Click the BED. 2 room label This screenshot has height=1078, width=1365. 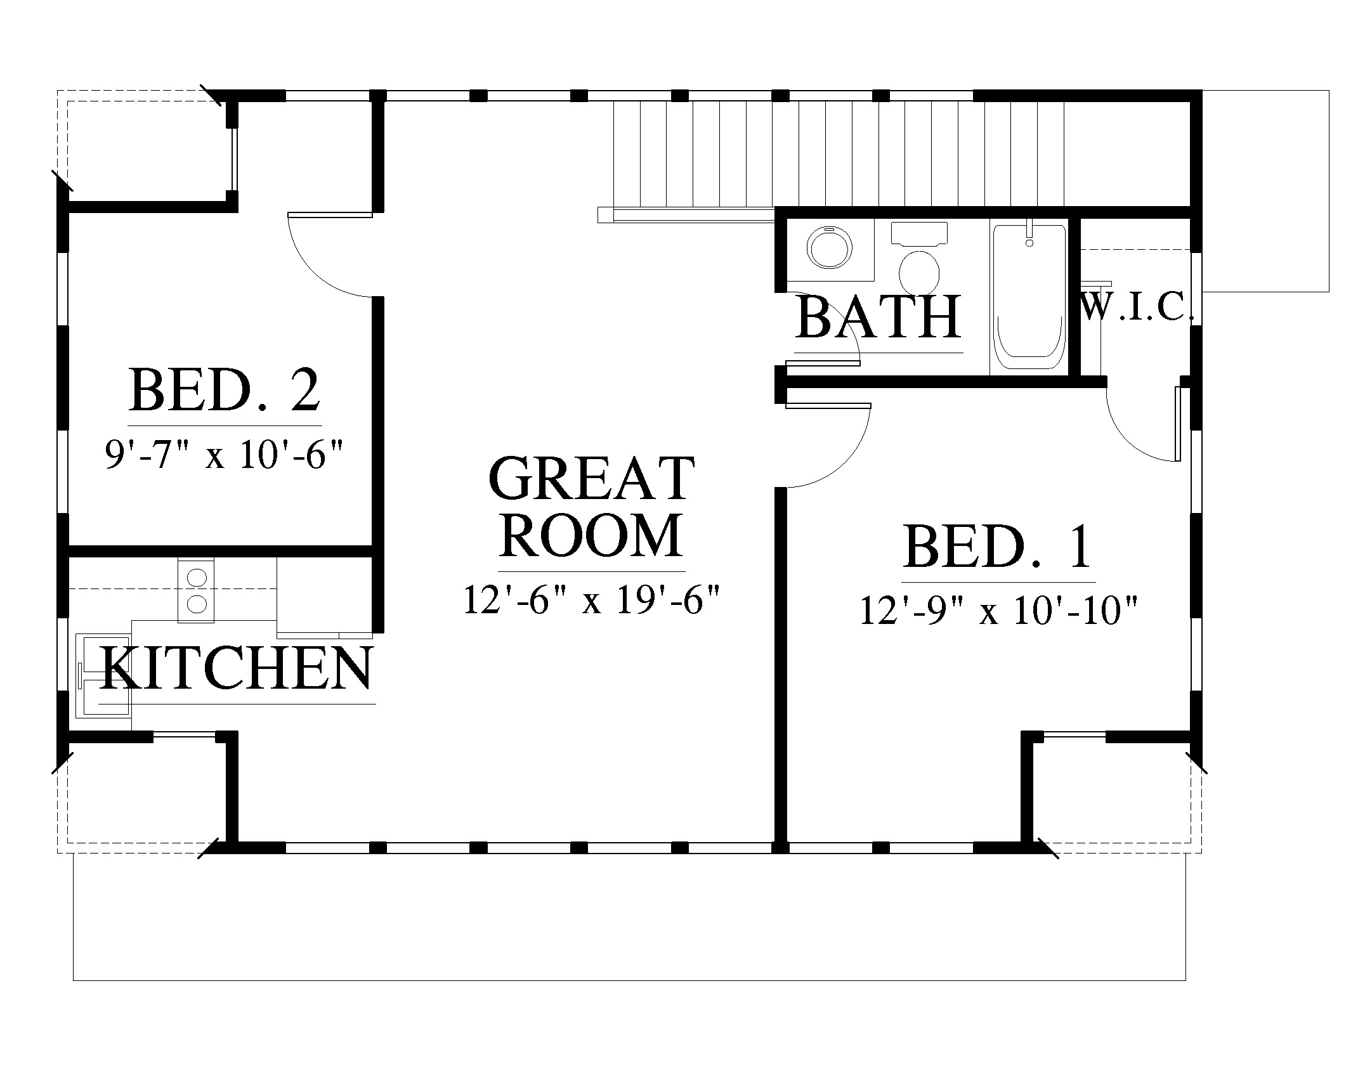coord(225,391)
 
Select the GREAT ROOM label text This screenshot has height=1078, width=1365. coord(592,507)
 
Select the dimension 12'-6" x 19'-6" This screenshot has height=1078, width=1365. coord(592,599)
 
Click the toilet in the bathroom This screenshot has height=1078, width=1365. coord(919,259)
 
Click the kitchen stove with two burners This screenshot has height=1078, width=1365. coord(196,590)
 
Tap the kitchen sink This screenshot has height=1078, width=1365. coord(103,675)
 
